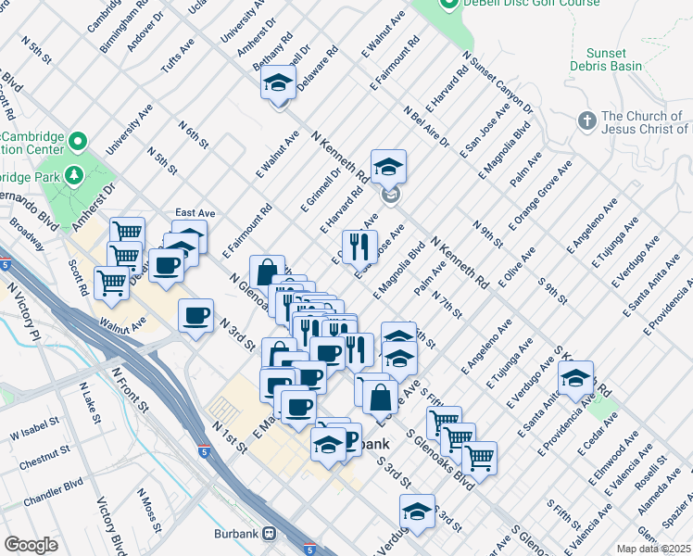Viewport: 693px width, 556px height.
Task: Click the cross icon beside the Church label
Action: click(586, 121)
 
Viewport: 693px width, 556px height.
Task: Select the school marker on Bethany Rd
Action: click(278, 84)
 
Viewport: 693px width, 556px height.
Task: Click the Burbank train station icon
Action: click(270, 534)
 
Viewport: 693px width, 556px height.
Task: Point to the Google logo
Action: click(31, 545)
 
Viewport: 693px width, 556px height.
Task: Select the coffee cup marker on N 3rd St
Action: click(196, 317)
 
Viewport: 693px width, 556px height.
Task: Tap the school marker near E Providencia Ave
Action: click(575, 379)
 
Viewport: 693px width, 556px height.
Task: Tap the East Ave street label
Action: click(195, 213)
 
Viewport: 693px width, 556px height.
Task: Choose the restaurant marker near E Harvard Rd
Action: click(359, 246)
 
